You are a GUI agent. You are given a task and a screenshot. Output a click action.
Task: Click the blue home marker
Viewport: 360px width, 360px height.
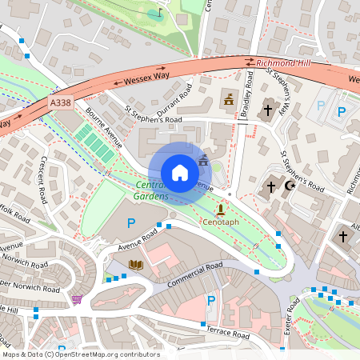[180, 172]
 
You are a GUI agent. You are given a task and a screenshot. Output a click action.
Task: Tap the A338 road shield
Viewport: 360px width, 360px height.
[59, 103]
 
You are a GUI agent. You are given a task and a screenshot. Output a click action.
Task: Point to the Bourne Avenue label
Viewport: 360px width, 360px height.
[104, 128]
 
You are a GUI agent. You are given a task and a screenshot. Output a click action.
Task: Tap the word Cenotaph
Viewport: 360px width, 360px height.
[220, 221]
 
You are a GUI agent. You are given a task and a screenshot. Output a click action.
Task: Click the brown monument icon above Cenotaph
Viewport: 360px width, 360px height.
[220, 207]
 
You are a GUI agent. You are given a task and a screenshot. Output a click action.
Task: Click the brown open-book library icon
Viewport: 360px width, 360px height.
[135, 264]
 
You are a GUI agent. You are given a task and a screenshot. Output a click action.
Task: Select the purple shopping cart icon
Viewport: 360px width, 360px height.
[77, 299]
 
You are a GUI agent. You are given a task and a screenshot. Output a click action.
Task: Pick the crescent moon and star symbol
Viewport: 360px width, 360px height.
[286, 186]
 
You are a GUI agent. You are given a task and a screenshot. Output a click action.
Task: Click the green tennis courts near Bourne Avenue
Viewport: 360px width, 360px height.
[94, 144]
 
